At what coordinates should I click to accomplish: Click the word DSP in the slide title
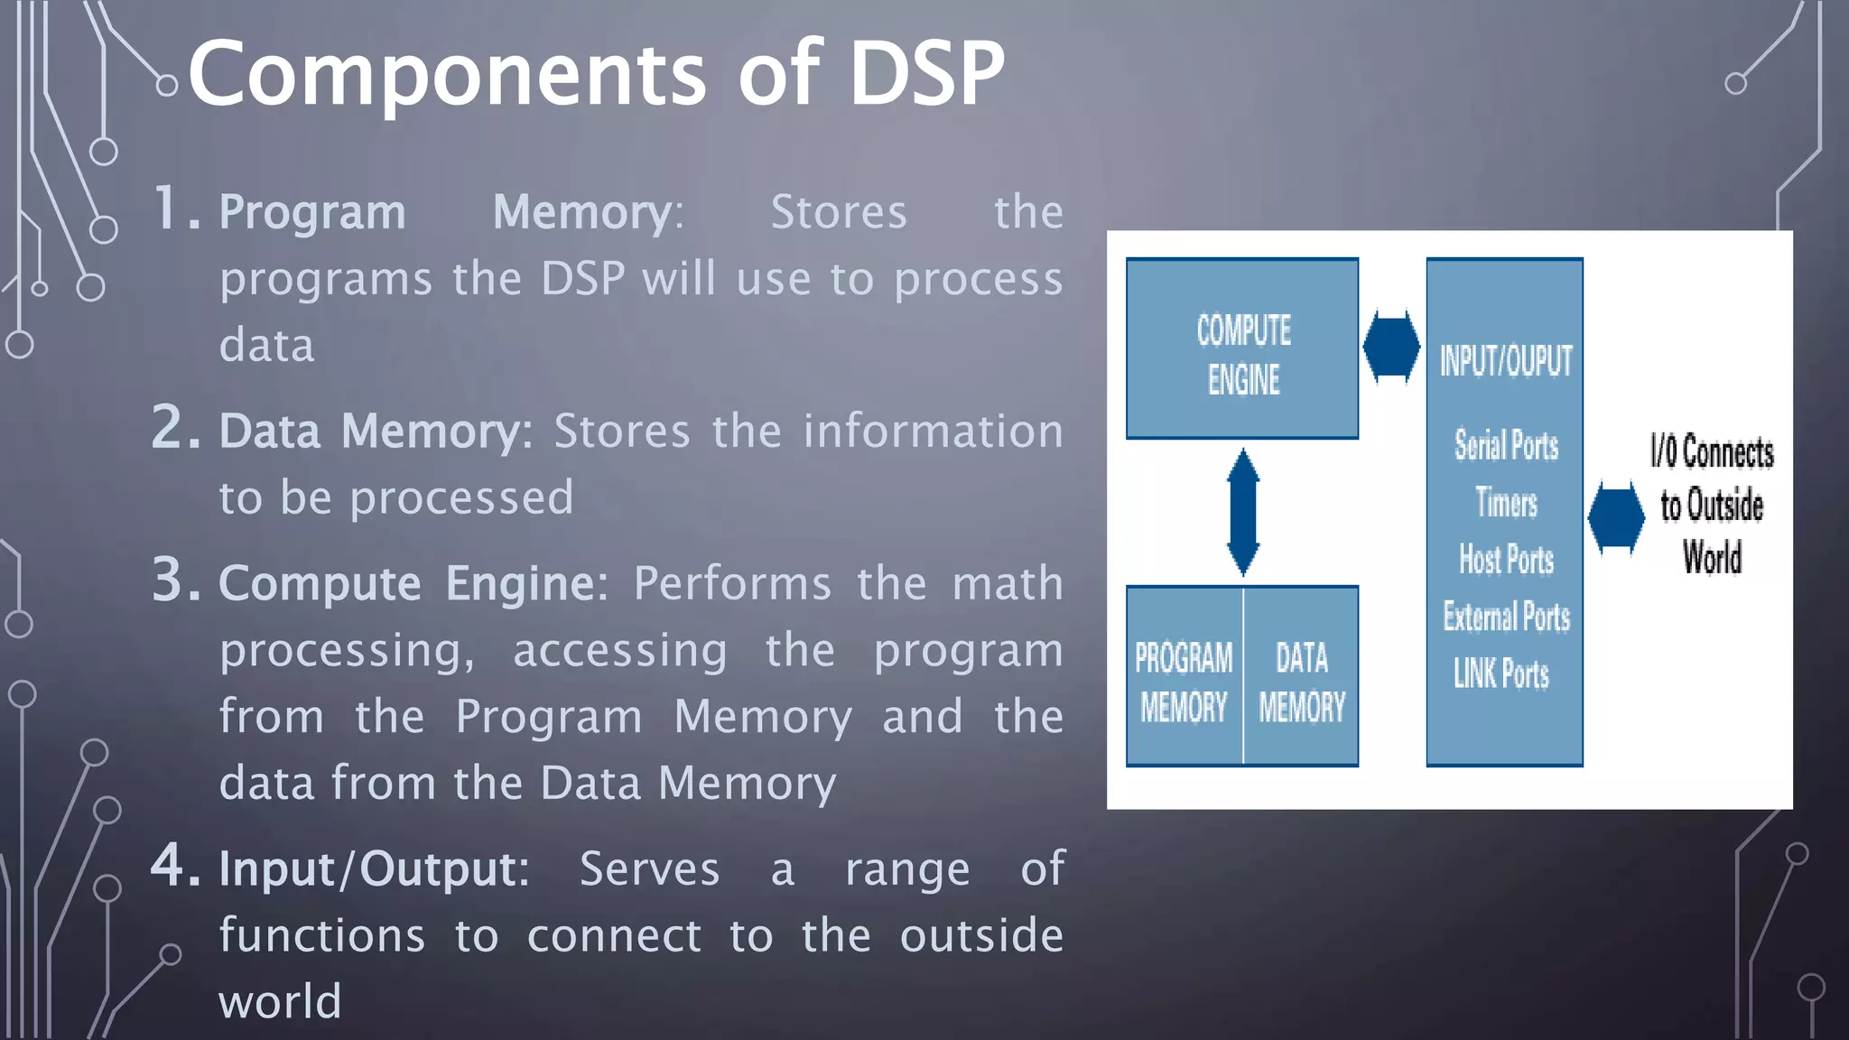coord(926,74)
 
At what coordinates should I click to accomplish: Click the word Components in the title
coord(446,74)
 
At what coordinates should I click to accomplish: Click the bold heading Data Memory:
coord(376,432)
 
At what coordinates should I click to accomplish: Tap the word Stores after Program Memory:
coord(838,213)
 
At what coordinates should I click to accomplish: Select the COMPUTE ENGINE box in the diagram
coord(1242,349)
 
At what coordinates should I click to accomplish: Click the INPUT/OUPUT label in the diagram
coord(1505,361)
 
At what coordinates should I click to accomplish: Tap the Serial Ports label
coord(1505,445)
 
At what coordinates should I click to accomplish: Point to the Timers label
coord(1505,503)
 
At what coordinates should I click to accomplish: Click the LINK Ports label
coord(1501,673)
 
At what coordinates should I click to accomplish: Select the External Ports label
coord(1505,617)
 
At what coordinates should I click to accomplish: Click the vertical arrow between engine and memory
coord(1243,512)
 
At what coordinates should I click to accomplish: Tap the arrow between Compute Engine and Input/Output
coord(1391,348)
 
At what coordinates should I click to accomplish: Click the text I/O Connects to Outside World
coord(1711,505)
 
